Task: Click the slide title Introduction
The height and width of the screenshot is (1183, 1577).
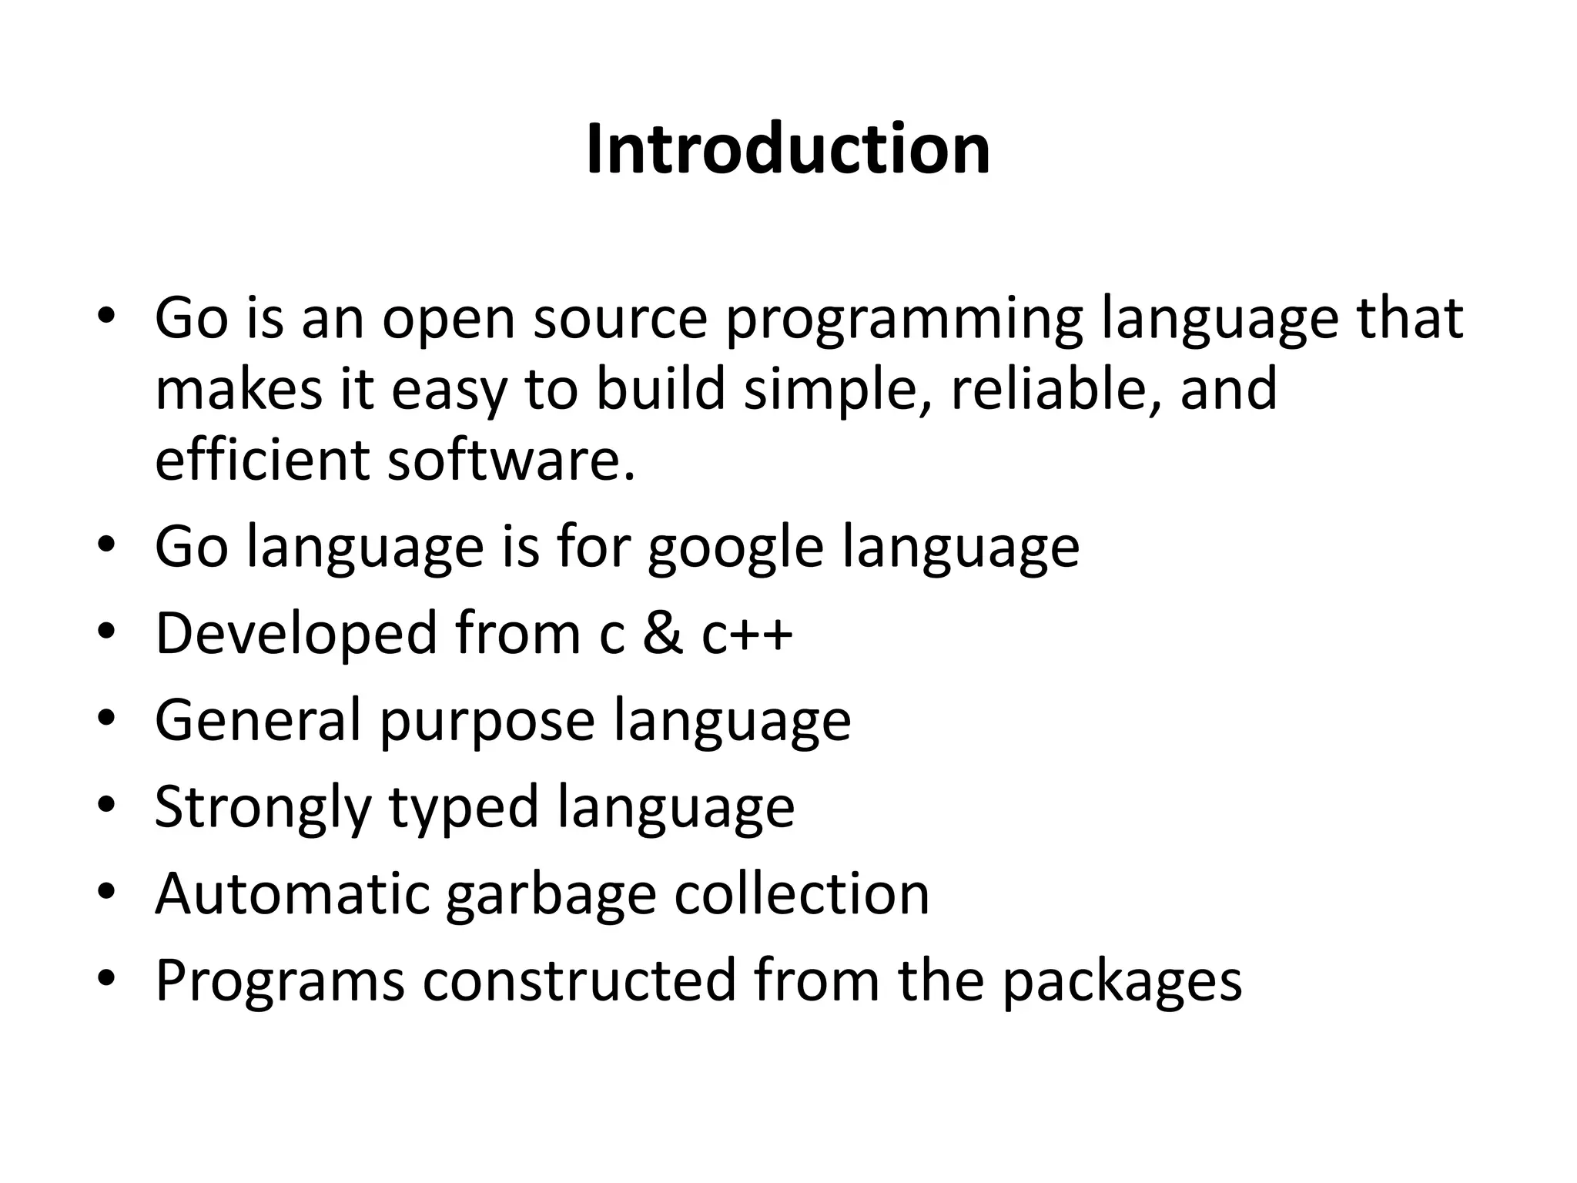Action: point(788,149)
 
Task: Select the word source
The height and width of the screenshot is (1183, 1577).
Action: point(620,319)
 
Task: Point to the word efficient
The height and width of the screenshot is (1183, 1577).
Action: point(262,460)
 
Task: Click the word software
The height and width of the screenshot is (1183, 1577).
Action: point(511,460)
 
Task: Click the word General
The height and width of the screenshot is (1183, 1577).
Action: point(258,721)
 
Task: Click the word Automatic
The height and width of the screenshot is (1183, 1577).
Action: point(292,894)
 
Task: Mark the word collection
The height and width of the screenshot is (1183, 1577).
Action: point(802,894)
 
